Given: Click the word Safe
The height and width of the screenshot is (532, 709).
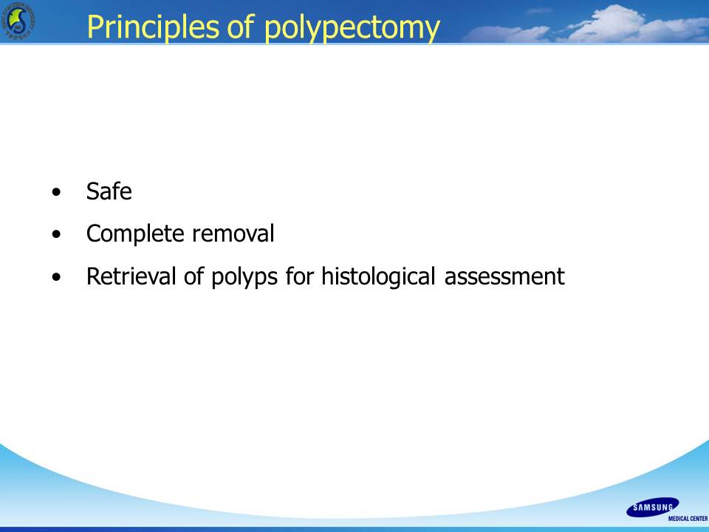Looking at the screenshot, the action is pos(109,191).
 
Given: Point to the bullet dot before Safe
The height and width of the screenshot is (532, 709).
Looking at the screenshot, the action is pos(56,192).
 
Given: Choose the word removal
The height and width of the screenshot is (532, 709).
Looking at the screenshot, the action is pos(233,234).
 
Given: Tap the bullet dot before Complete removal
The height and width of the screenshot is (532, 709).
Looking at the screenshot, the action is pos(56,234).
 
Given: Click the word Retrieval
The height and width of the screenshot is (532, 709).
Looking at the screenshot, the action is pos(131,276).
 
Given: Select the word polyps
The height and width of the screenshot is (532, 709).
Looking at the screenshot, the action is pos(244,277).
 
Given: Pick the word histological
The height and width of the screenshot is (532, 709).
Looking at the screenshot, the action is pos(378,277).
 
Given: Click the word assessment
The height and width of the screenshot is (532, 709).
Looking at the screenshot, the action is pos(504,277).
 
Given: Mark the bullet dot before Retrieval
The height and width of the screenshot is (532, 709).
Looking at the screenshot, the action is pos(56,277).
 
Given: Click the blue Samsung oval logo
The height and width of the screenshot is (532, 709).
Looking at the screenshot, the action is pos(652,508).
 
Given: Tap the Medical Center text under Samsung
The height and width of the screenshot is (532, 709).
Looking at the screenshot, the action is pos(688,519).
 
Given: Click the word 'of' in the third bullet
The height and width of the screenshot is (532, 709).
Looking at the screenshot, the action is pos(193,276).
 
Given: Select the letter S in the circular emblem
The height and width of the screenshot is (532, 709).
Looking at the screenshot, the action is pos(19,21).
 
